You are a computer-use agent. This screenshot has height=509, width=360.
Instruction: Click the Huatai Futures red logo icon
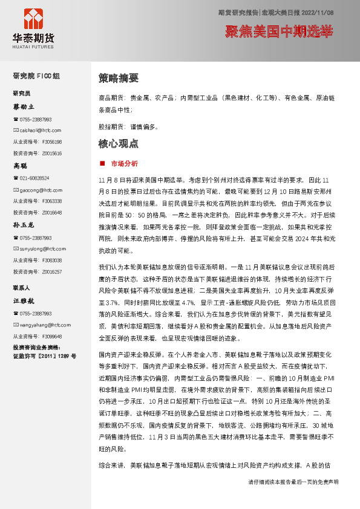(33, 19)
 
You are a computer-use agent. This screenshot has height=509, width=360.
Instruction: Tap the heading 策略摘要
(119, 78)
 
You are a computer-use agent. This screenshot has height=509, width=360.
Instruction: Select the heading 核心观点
(119, 144)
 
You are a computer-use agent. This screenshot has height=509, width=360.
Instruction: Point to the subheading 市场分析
(124, 163)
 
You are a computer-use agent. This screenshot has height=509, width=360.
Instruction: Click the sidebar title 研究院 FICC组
(36, 76)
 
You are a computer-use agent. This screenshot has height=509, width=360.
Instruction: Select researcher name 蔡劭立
(24, 106)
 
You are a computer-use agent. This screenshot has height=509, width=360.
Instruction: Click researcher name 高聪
(21, 165)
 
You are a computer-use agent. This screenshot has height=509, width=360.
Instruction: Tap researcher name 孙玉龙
(24, 224)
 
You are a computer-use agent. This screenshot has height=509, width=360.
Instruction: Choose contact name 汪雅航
(24, 300)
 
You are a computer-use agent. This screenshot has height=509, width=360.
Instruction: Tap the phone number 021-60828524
(34, 178)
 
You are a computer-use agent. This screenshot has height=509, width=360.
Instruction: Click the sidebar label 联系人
(21, 288)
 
